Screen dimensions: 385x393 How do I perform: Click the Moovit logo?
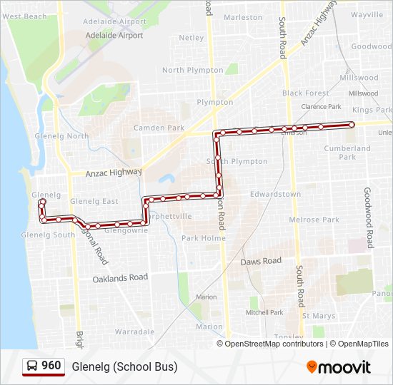pyautogui.click(x=339, y=367)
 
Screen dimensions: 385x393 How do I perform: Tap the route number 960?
pyautogui.click(x=51, y=366)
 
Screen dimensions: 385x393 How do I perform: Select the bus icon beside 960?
pyautogui.click(x=32, y=366)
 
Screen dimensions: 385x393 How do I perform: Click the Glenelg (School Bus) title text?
pyautogui.click(x=124, y=366)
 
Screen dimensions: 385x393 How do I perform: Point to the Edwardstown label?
pyautogui.click(x=275, y=194)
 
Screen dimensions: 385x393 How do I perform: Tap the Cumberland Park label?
pyautogui.click(x=347, y=153)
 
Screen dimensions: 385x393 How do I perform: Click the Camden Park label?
pyautogui.click(x=159, y=128)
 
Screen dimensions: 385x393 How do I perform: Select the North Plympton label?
pyautogui.click(x=193, y=71)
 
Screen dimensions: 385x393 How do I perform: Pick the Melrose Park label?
pyautogui.click(x=314, y=220)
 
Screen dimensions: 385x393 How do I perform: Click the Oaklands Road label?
pyautogui.click(x=120, y=278)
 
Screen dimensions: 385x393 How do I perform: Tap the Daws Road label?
pyautogui.click(x=261, y=262)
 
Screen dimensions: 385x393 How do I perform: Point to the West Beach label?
pyautogui.click(x=24, y=16)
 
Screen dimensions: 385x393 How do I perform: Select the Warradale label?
pyautogui.click(x=134, y=332)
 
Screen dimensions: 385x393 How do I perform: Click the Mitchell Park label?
pyautogui.click(x=264, y=312)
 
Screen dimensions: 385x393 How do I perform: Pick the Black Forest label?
pyautogui.click(x=306, y=93)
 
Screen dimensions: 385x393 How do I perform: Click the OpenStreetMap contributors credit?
pyautogui.click(x=274, y=344)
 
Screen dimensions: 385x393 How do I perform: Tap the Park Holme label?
pyautogui.click(x=203, y=238)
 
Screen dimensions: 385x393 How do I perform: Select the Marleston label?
pyautogui.click(x=243, y=17)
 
